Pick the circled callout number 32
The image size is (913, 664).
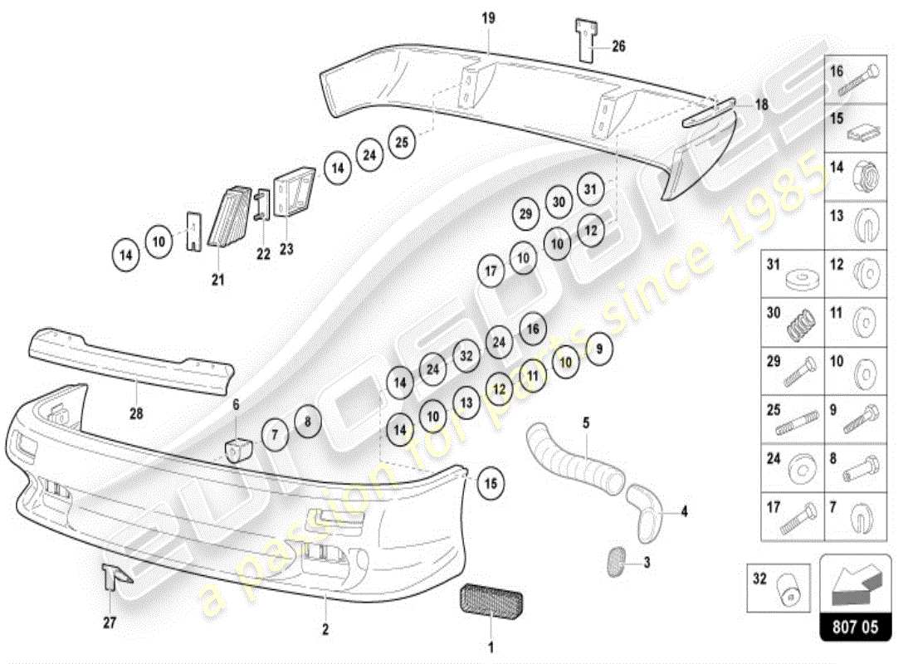(466, 356)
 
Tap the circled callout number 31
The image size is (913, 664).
(589, 189)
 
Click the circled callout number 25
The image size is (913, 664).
(402, 141)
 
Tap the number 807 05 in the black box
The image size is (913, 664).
(856, 628)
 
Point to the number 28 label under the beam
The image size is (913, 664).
(135, 412)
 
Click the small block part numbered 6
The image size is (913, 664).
(239, 449)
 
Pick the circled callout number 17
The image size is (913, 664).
(491, 271)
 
